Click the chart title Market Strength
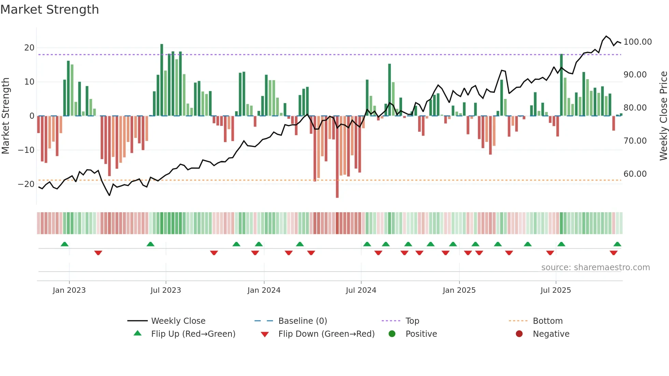pos(49,10)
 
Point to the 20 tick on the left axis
pos(29,48)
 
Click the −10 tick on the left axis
pos(26,150)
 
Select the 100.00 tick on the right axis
pos(637,42)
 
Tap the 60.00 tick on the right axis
pos(635,174)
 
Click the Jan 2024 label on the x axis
pos(264,290)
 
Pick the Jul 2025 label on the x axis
pos(555,290)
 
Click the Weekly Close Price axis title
pos(663,116)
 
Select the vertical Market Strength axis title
pos(5,116)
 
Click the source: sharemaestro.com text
pos(595,267)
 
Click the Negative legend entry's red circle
pos(519,334)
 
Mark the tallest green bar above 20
pos(162,79)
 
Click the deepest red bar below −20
pos(337,157)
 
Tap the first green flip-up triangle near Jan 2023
pos(65,244)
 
